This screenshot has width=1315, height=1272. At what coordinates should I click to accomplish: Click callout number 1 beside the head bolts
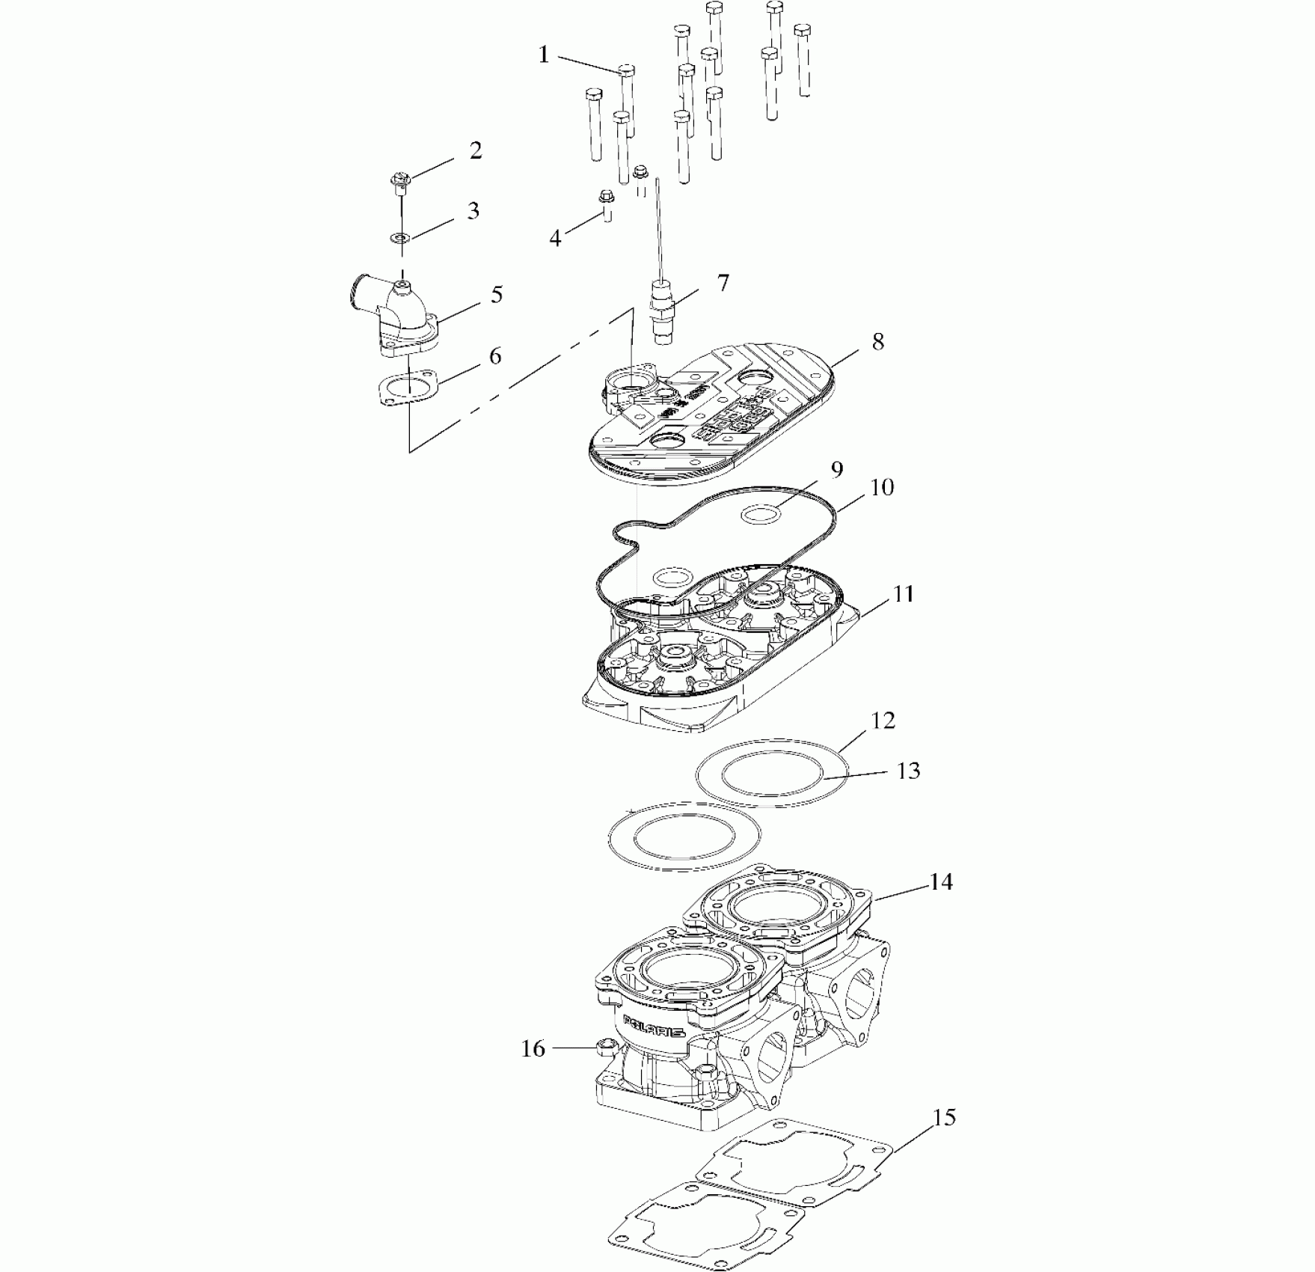pos(544,55)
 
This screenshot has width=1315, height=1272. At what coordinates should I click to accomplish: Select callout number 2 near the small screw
pos(476,150)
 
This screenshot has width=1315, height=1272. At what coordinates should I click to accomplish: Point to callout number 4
pos(555,239)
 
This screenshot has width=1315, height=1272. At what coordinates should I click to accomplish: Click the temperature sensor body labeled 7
pos(663,311)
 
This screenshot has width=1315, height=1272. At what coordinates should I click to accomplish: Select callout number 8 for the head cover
pos(878,342)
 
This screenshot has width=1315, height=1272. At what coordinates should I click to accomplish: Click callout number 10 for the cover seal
pos(883,487)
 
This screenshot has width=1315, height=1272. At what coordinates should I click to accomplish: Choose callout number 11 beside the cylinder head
pos(904,594)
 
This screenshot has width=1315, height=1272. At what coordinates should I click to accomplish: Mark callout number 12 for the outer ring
pos(883,721)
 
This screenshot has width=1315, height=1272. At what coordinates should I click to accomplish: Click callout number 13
pos(908,771)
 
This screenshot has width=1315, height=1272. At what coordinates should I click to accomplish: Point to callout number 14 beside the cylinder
pos(941,882)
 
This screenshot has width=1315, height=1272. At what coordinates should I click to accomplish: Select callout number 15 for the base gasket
pos(945,1118)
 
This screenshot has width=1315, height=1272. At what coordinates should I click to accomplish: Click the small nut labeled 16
pos(605,1047)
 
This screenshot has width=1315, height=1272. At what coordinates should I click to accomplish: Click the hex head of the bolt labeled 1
pos(627,71)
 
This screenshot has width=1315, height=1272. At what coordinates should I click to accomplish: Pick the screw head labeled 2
pos(399,179)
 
